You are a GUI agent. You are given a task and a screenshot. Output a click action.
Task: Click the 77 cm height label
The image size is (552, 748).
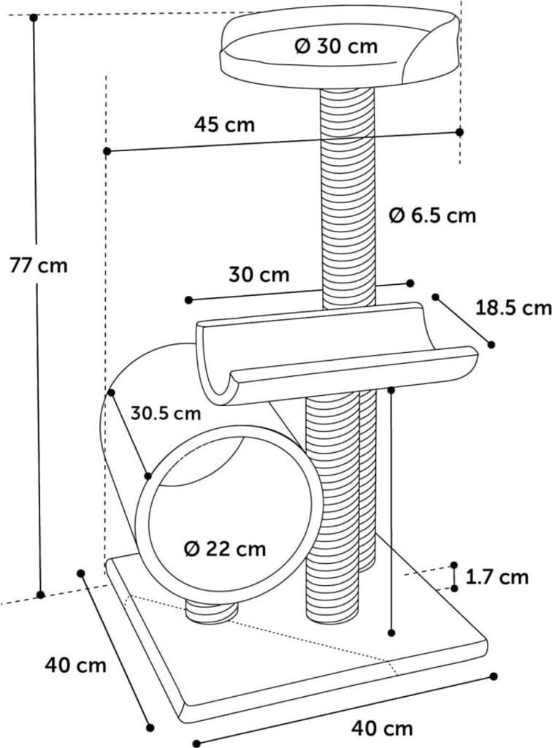(x=39, y=265)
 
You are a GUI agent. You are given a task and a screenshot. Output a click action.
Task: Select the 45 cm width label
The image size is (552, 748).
(x=225, y=125)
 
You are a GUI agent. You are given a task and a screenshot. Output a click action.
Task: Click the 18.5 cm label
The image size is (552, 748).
(x=513, y=308)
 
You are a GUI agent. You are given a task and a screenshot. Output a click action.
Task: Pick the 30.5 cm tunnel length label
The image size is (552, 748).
(x=166, y=413)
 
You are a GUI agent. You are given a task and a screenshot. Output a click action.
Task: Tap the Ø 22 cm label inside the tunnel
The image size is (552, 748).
(x=225, y=548)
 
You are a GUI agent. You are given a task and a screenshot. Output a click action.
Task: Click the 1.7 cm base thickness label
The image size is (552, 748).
(x=497, y=577)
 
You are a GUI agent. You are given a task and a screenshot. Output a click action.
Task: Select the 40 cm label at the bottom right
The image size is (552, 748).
(x=382, y=728)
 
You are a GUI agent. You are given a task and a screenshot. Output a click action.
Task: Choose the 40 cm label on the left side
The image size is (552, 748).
(x=75, y=665)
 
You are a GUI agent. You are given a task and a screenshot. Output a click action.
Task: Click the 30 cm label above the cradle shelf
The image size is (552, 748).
(x=259, y=275)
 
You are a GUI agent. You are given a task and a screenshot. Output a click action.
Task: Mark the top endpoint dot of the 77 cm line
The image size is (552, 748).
(x=34, y=17)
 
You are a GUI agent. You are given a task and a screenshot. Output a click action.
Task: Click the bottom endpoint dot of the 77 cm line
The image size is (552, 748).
(x=41, y=594)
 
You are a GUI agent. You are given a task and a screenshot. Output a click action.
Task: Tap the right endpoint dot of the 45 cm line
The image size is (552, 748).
(x=459, y=131)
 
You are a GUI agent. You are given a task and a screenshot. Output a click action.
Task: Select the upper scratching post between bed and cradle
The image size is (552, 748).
(x=348, y=197)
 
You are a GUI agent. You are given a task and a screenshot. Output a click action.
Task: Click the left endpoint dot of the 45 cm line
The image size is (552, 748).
(x=107, y=151)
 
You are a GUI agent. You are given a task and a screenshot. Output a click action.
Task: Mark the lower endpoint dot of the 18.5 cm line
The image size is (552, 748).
(x=491, y=344)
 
